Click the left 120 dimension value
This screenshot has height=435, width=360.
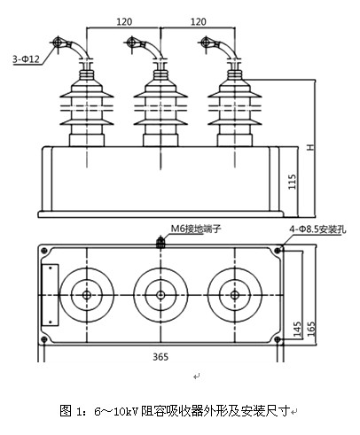point(124,21)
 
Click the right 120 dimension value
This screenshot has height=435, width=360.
point(199,21)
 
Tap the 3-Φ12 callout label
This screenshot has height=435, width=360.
point(26,58)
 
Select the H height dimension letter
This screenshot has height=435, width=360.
point(310,147)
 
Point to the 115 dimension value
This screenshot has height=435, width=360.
point(292,182)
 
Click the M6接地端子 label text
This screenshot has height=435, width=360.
point(196,229)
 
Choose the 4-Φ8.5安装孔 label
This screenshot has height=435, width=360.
point(317,229)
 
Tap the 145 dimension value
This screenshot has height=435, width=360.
point(298,329)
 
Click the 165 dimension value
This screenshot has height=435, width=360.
point(311,329)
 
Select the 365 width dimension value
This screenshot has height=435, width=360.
point(160,357)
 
